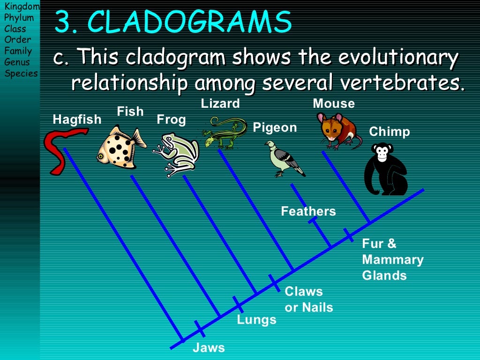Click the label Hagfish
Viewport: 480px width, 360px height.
coord(77,120)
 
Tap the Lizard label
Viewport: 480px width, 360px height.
coord(220,103)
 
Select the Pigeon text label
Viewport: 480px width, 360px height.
coord(275,127)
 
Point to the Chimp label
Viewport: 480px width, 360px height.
coord(390,132)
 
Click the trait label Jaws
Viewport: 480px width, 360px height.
coord(209,348)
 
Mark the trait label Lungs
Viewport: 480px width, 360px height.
coord(256,320)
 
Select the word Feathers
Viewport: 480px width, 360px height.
coord(308,211)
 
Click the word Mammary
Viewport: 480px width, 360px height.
coord(393,260)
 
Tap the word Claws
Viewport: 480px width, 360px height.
coord(304,292)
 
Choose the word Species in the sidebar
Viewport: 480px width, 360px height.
coord(21,73)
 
